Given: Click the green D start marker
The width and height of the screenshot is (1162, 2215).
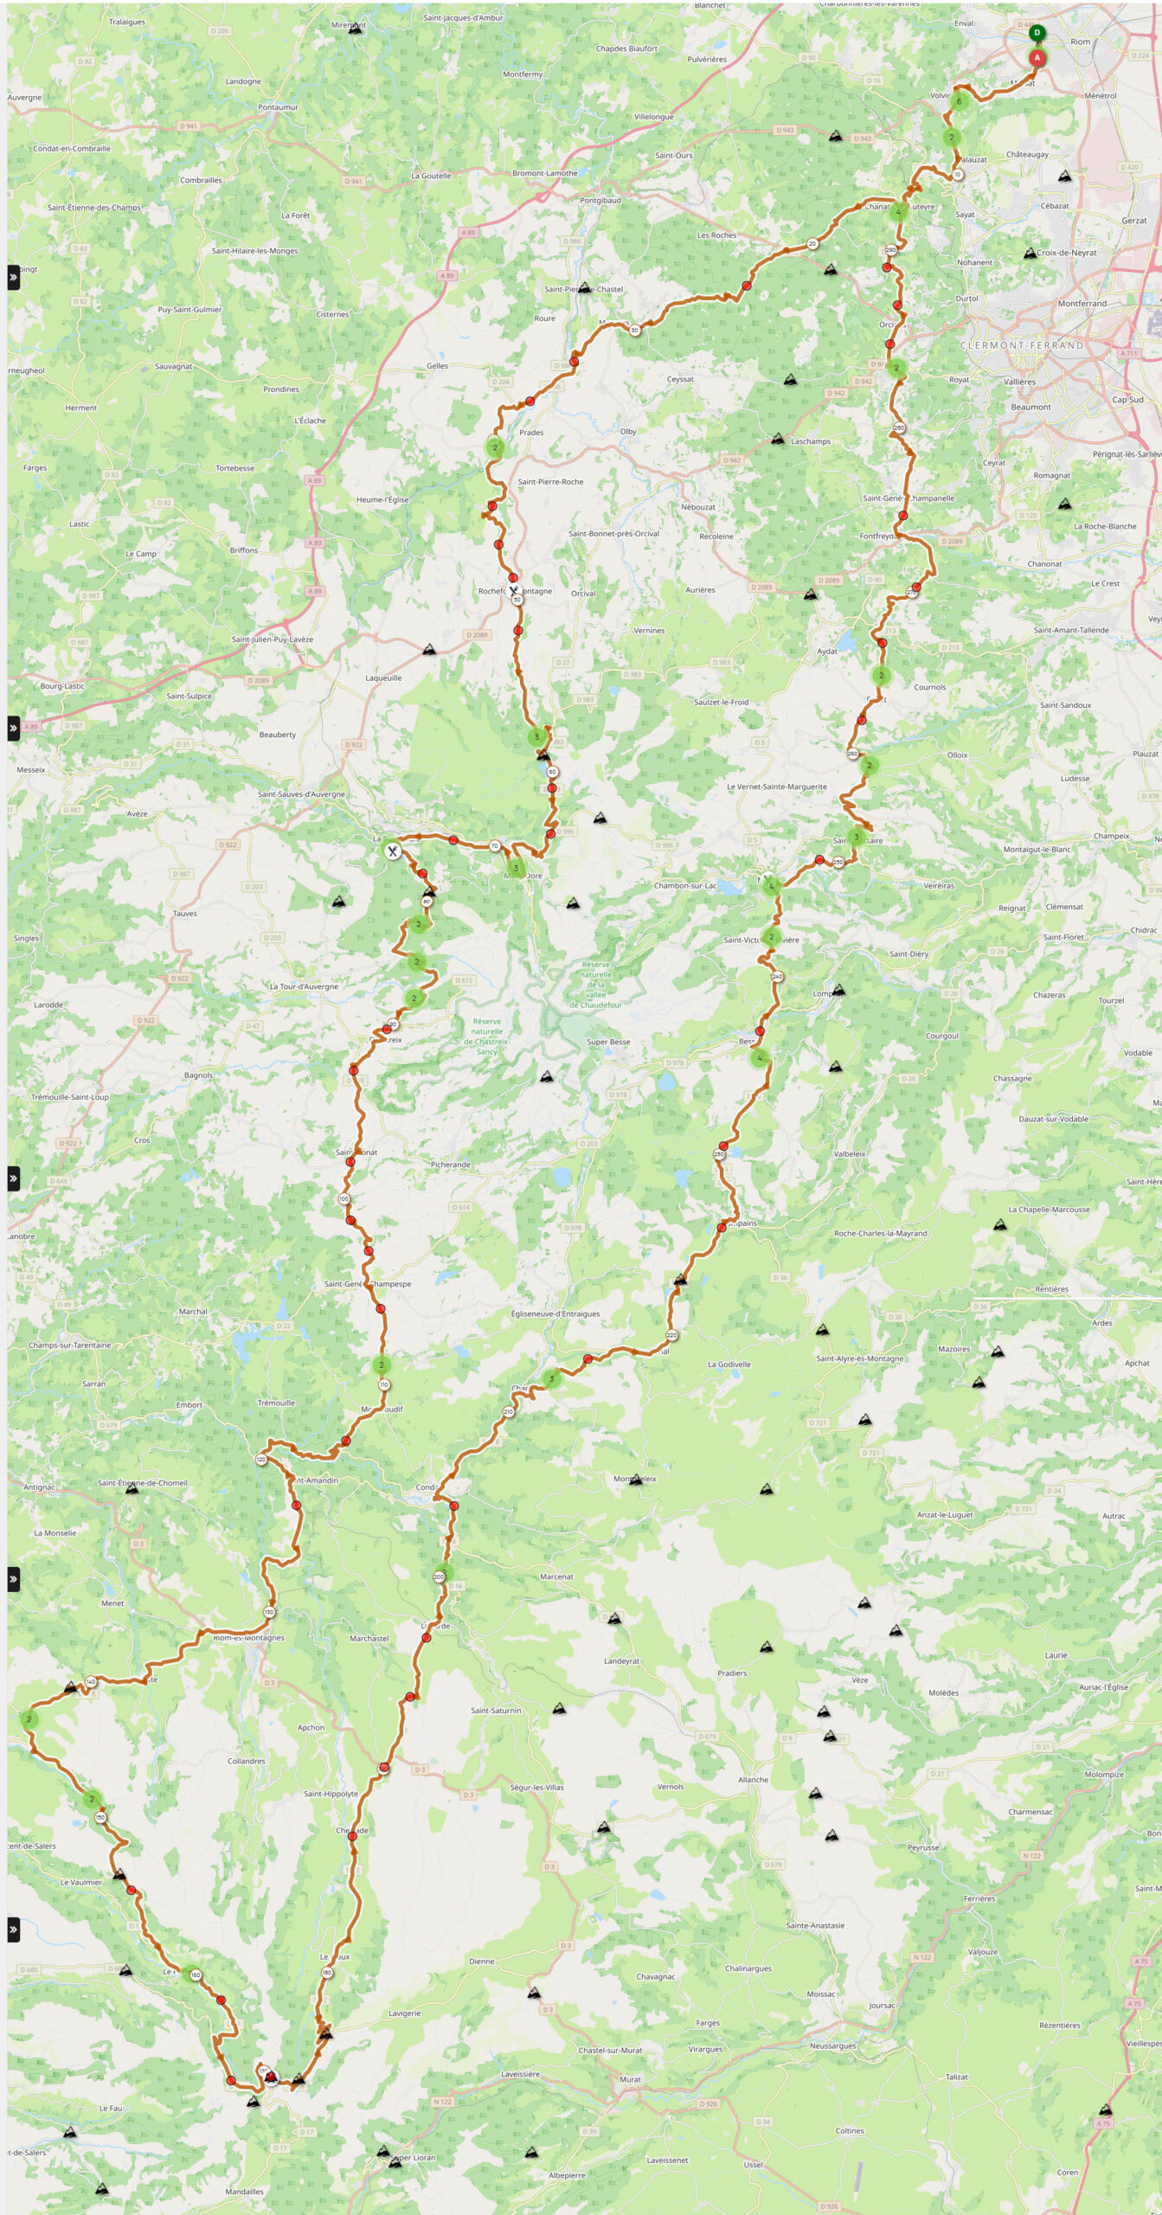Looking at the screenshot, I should [1037, 33].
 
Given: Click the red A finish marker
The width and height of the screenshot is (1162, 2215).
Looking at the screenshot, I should [1037, 58].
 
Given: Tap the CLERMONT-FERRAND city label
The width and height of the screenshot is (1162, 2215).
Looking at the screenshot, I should [1021, 345].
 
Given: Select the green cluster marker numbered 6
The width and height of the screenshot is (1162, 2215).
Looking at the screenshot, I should [959, 101].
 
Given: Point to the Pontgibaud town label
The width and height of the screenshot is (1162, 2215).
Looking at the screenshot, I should [600, 201].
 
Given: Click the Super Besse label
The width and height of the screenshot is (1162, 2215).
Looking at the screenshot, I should [608, 1042].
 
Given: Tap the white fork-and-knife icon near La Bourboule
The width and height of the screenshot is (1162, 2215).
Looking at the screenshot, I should [393, 851].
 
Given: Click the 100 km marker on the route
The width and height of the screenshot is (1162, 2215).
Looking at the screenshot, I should [343, 1199].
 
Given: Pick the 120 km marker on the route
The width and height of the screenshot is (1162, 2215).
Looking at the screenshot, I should [261, 1460].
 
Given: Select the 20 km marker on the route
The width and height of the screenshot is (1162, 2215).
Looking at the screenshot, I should [812, 244].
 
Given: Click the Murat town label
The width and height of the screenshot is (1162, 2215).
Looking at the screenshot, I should [630, 2079].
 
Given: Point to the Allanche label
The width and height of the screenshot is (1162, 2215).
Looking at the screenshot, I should [753, 1780].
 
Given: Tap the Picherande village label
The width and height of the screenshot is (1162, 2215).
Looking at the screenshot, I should [451, 1165].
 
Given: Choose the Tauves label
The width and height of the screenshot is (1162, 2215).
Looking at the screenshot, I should [184, 914].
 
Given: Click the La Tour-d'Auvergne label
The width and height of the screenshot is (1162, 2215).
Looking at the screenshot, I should [304, 986].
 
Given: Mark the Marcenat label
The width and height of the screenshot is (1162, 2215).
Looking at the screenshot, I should [556, 1576].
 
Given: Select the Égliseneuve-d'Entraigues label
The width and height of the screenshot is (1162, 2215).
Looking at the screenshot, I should [555, 1313].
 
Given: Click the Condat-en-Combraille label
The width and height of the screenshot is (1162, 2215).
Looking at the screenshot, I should [72, 149].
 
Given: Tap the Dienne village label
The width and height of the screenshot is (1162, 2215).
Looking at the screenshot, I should [482, 1961].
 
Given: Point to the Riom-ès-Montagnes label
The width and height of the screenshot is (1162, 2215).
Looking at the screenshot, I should [248, 1638].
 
